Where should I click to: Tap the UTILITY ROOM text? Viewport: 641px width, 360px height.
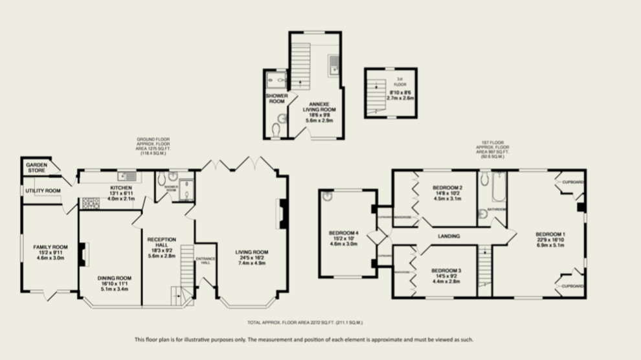(43, 190)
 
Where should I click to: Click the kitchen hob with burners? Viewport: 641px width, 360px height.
(89, 203)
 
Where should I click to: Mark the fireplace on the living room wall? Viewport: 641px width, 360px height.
(282, 214)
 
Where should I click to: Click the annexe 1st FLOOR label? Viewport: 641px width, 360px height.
(399, 82)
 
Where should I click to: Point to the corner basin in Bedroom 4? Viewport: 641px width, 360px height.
(328, 196)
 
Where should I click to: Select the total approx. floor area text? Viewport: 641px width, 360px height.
(304, 322)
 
